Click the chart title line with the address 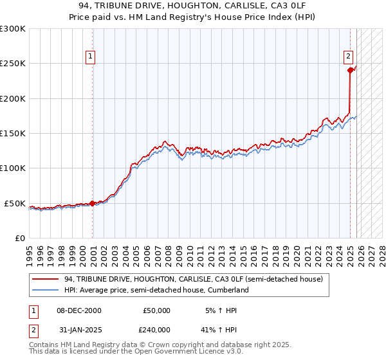coord(193,6)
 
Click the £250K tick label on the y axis coord(13,64)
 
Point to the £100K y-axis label coord(13,168)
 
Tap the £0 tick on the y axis coord(20,238)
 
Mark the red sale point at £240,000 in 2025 coord(350,71)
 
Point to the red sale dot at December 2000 coord(93,203)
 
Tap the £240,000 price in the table coord(156,329)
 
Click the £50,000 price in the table coord(156,310)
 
